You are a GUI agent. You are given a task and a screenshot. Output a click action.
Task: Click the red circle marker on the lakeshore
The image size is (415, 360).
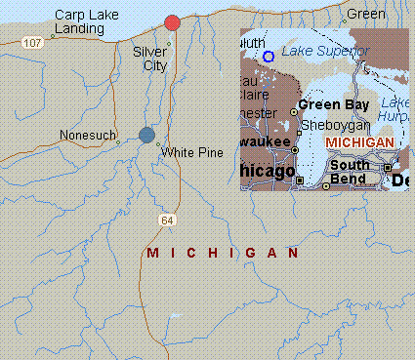173,22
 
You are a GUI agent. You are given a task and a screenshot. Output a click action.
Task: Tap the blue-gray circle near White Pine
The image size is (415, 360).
146,135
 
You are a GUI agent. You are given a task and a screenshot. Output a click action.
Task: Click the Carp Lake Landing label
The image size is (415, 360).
79,22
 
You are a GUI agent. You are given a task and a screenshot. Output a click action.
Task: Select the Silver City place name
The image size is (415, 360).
149,59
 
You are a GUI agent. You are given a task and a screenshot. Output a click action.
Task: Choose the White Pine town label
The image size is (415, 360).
192,153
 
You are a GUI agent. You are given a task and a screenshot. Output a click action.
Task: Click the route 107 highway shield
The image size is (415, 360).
33,42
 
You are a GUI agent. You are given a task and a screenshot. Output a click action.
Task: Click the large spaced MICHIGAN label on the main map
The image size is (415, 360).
222,253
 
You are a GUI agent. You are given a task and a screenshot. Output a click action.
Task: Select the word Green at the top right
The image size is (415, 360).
366,14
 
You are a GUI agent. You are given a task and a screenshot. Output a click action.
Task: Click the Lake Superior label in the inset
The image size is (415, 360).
325,51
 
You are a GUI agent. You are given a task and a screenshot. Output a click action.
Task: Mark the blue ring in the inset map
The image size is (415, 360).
269,57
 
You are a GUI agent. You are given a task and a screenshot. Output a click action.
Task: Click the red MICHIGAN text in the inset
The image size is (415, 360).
360,142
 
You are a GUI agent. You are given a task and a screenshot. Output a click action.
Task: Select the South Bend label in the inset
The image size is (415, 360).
349,172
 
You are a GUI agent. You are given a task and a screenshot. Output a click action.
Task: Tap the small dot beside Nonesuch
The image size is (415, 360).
118,142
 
